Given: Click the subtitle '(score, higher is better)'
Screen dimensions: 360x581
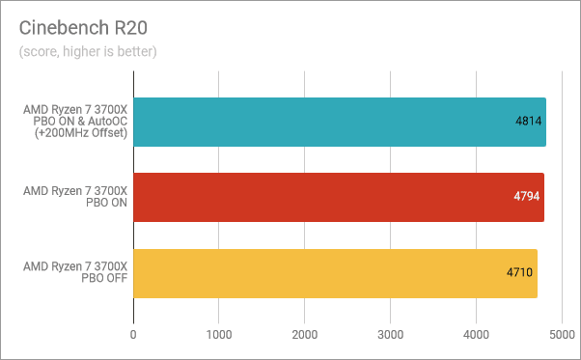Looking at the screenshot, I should point(88,51).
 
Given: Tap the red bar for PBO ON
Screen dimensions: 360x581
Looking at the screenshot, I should point(339,198).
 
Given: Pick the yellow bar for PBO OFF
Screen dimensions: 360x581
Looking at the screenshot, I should point(335,273).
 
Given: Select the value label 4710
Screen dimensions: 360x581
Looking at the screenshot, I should point(521,273).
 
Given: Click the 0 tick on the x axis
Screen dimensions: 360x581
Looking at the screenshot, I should point(133,334).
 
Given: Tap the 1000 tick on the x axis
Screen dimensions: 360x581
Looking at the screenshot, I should point(219,334).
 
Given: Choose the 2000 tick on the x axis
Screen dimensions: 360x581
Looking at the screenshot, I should point(305,334).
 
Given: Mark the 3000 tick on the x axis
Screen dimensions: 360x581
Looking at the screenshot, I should point(390,334).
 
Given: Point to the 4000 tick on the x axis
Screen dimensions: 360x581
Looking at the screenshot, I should point(476,334).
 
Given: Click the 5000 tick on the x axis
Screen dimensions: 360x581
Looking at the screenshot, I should point(561,334).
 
